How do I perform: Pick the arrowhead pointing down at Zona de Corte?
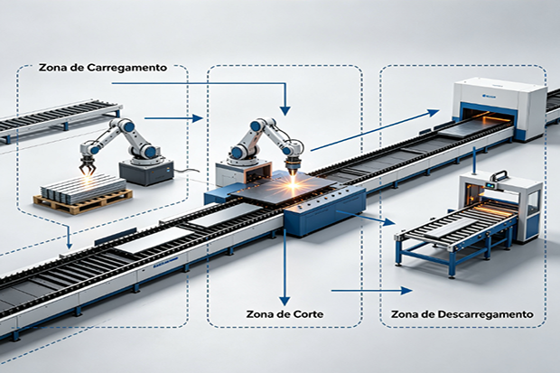point(285,298)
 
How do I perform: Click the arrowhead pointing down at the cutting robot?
point(285,107)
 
